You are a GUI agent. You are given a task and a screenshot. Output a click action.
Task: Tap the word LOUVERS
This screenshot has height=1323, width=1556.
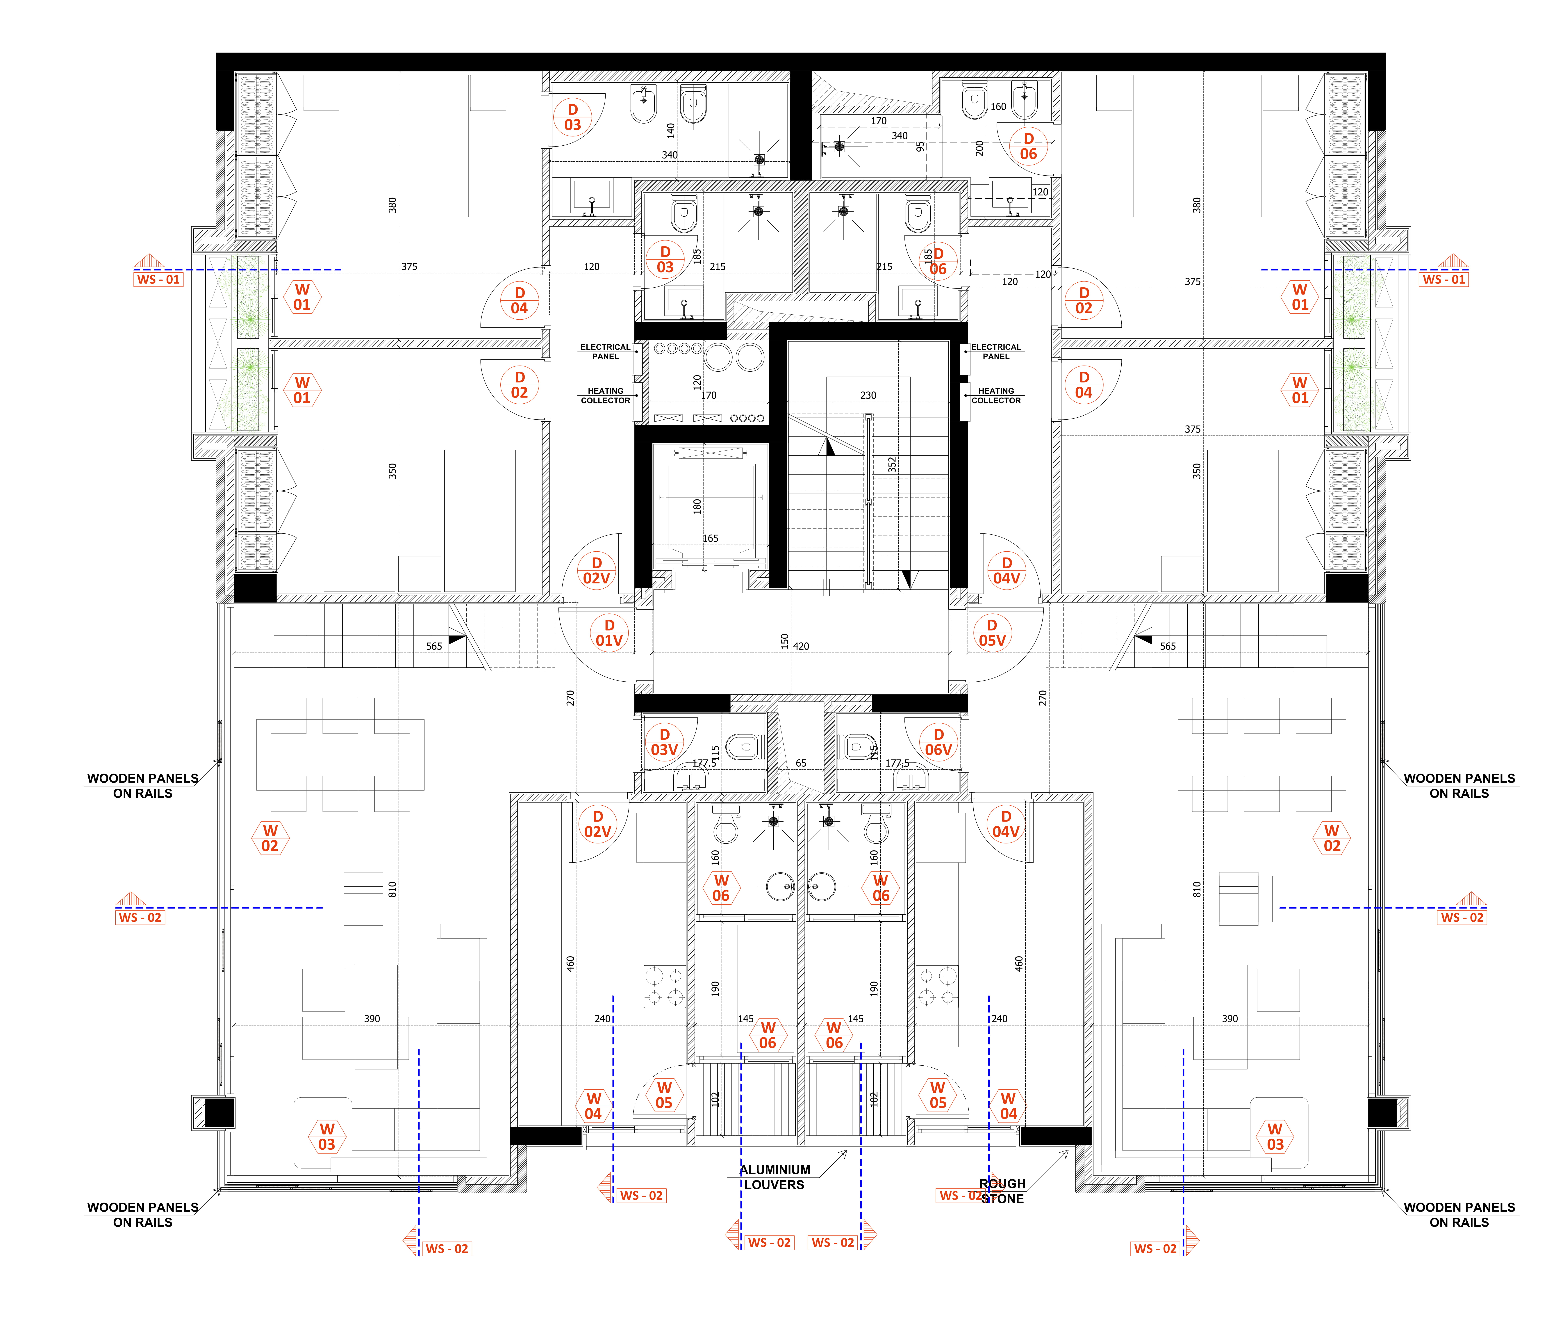pos(774,1185)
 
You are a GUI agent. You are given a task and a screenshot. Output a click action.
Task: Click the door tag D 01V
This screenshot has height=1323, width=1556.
pos(609,633)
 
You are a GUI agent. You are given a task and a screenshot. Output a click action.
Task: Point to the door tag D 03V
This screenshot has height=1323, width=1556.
pos(664,742)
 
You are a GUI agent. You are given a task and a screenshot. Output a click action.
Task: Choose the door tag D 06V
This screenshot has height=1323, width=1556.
pos(938,742)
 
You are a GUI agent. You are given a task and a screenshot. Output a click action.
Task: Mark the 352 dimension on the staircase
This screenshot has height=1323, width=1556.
pos(892,465)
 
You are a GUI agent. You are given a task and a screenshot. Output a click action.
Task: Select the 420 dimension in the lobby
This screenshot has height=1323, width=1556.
pos(801,646)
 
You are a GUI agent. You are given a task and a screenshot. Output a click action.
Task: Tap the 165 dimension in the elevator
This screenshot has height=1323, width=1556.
pos(710,539)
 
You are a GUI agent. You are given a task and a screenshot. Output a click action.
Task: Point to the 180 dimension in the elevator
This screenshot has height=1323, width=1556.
pos(697,506)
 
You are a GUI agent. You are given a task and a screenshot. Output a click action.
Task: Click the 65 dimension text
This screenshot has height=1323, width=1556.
pos(801,763)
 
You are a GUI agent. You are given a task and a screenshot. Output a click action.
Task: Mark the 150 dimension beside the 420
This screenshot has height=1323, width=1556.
pos(784,641)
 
